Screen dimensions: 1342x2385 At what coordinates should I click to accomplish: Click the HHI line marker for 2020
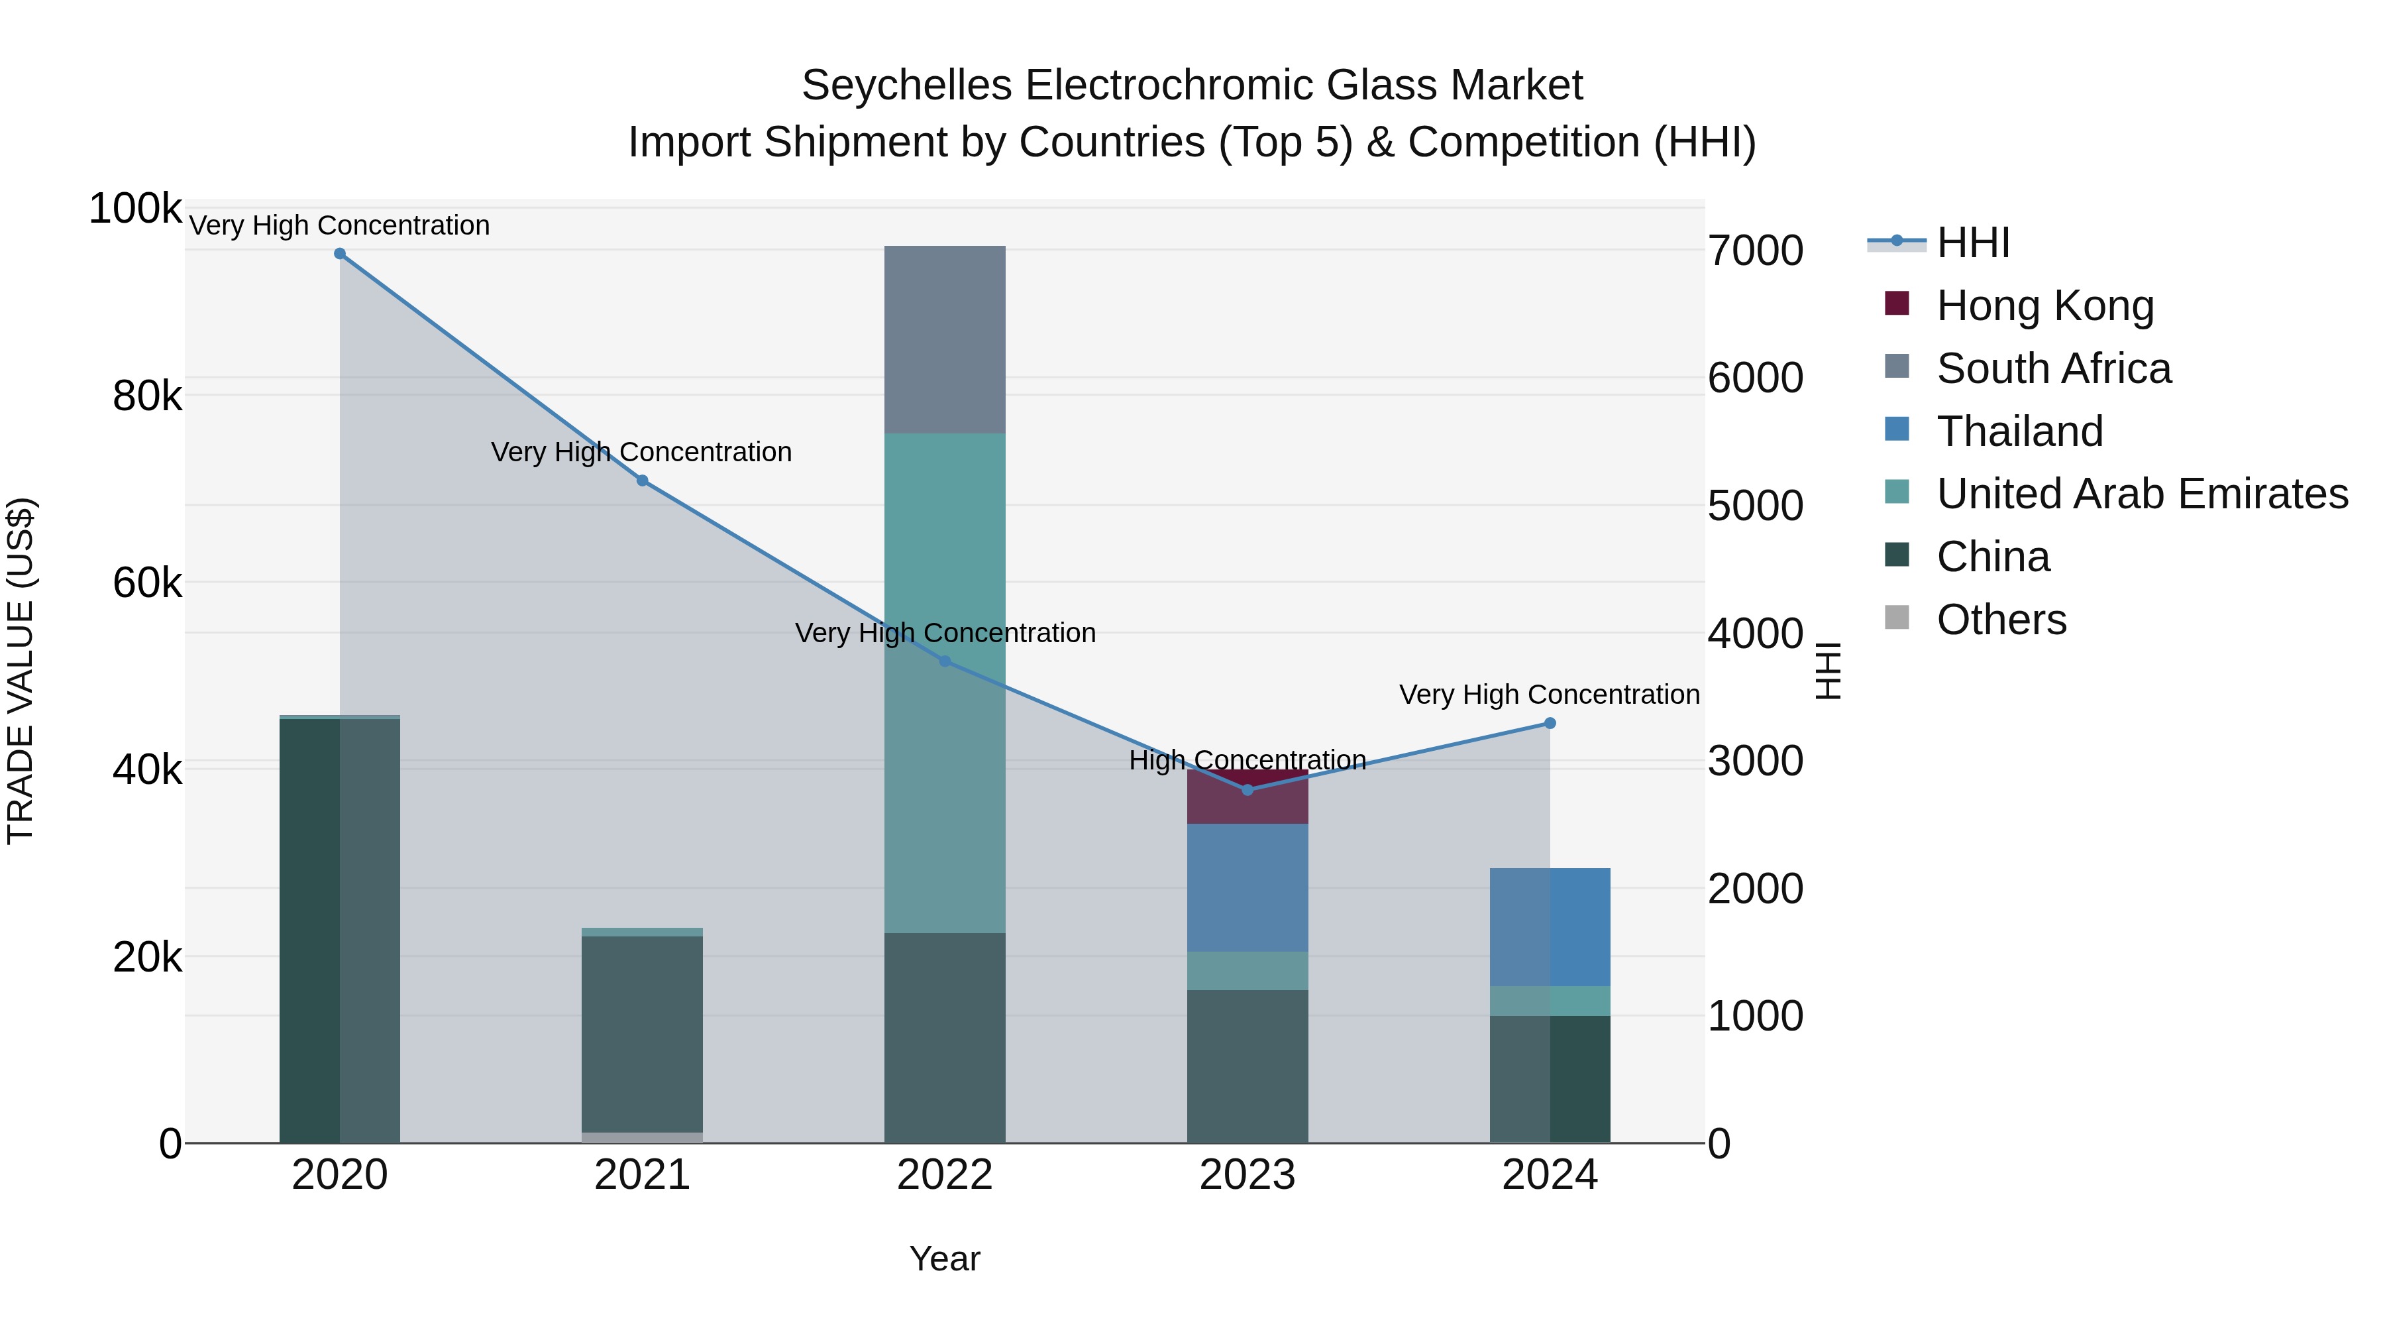(x=340, y=254)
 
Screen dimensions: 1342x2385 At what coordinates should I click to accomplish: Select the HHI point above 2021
(x=643, y=480)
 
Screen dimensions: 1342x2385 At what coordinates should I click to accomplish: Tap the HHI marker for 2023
(x=1247, y=790)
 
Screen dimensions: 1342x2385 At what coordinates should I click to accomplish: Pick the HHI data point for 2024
(x=1550, y=723)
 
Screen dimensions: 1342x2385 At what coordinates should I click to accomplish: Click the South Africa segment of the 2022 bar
(x=944, y=340)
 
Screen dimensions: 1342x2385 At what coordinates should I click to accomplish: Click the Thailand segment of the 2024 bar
(x=1550, y=927)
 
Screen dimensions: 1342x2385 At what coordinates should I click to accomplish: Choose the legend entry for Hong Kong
(x=2044, y=306)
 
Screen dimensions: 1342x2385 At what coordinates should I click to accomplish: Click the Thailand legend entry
(x=2019, y=431)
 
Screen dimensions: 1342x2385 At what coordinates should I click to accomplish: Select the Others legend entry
(x=2001, y=620)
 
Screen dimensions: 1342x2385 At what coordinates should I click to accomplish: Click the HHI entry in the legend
(x=1972, y=243)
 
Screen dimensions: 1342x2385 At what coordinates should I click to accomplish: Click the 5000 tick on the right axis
(x=1756, y=506)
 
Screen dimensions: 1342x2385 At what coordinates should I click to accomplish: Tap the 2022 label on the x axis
(x=944, y=1175)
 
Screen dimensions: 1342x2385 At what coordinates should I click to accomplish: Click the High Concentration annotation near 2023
(x=1247, y=760)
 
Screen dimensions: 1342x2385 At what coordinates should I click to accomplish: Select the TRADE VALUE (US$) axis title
(x=21, y=671)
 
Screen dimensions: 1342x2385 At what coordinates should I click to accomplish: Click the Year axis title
(x=944, y=1258)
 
